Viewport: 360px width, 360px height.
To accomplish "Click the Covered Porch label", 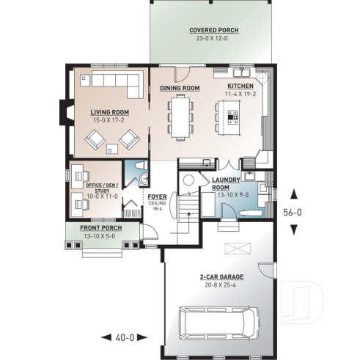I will [213, 30].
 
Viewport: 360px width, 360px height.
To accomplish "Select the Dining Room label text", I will [180, 88].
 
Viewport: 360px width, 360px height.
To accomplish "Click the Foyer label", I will [156, 197].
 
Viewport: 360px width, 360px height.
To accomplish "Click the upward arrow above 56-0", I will [294, 194].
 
